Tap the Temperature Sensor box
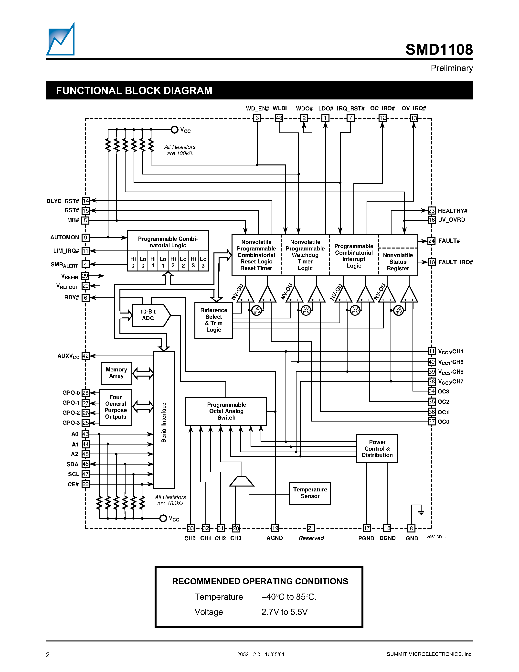click(310, 493)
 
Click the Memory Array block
click(116, 373)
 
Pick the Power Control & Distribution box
click(377, 449)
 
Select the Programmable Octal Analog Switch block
click(226, 411)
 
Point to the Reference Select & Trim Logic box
click(213, 320)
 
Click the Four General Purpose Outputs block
click(116, 407)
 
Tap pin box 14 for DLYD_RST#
click(85, 201)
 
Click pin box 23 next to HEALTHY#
click(431, 210)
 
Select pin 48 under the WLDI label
click(279, 118)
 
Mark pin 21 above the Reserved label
click(311, 528)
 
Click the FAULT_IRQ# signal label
click(455, 262)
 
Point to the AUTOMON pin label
click(64, 237)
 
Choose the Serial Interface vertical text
click(164, 422)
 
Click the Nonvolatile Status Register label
click(398, 261)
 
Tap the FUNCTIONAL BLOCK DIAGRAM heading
click(134, 90)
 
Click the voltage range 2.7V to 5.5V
click(284, 612)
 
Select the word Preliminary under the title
click(451, 68)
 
